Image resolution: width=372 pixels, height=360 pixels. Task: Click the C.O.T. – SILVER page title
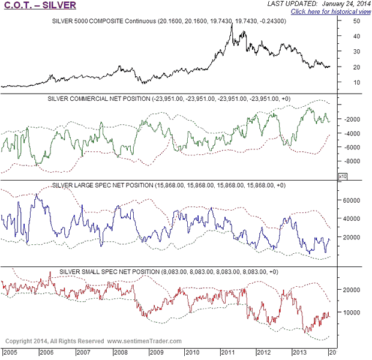point(40,5)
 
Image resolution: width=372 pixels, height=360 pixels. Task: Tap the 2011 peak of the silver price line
point(232,25)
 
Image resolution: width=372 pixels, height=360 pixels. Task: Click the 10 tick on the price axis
point(356,82)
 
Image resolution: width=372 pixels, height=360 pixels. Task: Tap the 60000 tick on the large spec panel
point(353,200)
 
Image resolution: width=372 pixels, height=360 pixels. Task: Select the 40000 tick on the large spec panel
point(353,218)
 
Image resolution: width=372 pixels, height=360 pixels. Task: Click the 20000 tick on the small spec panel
point(353,289)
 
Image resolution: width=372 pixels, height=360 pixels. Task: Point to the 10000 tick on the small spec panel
point(353,312)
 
